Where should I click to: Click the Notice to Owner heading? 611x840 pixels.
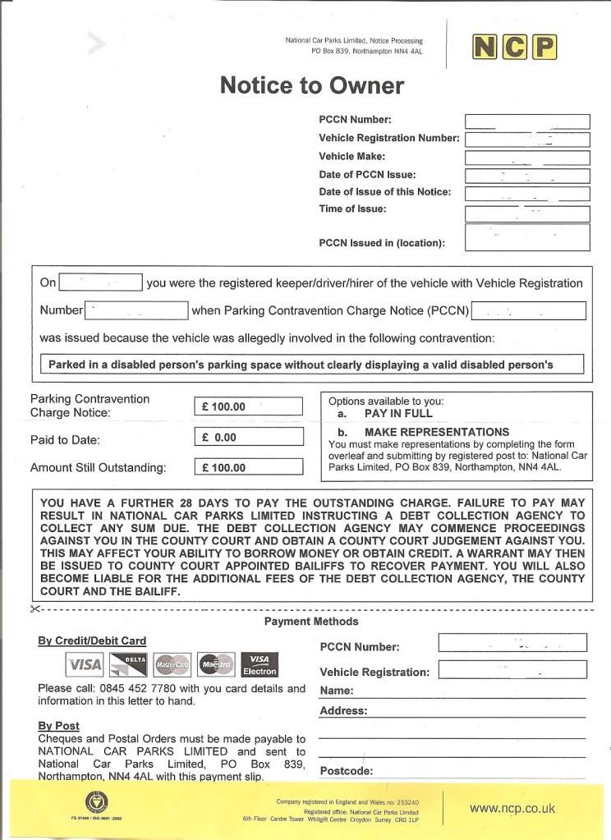pos(312,85)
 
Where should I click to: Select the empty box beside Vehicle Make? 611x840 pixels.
pos(527,158)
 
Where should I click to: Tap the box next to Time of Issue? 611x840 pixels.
pos(527,213)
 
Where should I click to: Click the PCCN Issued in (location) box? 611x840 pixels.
pos(527,237)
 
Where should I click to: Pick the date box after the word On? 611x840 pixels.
pos(101,283)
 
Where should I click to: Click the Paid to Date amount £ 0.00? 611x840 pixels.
pos(250,438)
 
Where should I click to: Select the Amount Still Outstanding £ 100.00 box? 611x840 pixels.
pos(250,468)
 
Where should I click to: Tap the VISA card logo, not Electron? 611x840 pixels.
pos(84,663)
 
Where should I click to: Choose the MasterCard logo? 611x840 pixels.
pos(172,663)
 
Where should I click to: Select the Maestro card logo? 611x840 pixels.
pos(216,663)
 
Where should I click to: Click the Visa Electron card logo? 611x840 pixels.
pos(260,663)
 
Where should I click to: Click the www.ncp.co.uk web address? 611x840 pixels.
pos(512,808)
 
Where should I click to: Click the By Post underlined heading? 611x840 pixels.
pos(58,726)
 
